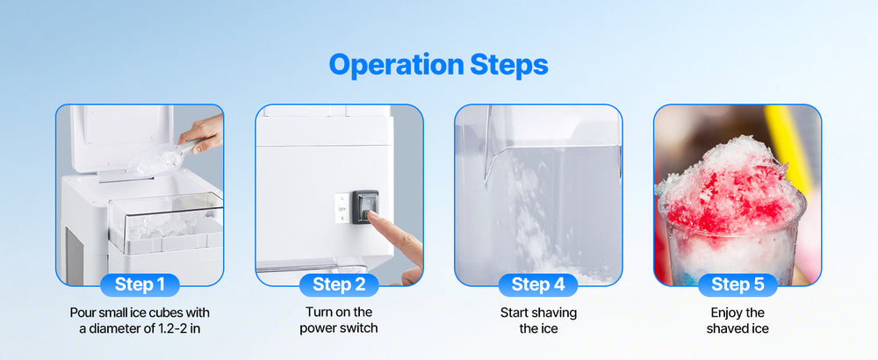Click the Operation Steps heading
(x=438, y=65)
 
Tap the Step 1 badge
(x=140, y=284)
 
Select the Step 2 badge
(x=339, y=284)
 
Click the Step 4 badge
(x=538, y=284)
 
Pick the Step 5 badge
(x=738, y=284)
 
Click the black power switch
(x=365, y=206)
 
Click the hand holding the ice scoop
(x=202, y=133)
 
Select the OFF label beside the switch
(x=342, y=209)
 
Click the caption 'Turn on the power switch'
(x=339, y=320)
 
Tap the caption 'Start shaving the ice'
(x=538, y=320)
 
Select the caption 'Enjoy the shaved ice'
(x=738, y=320)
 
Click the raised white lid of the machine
(x=121, y=137)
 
